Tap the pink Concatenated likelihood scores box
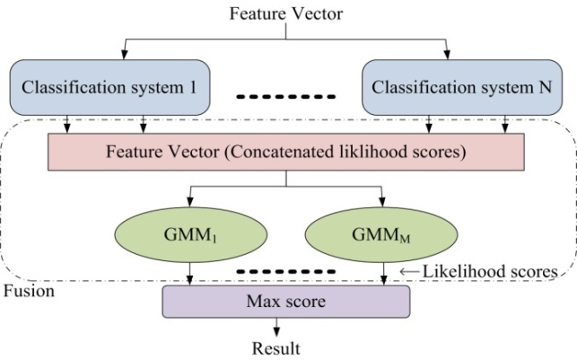click(285, 153)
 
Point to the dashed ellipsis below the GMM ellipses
click(286, 269)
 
